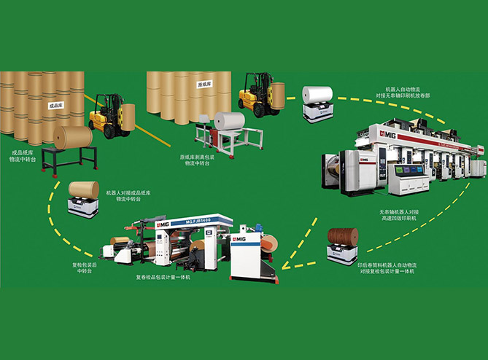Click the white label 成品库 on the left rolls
pyautogui.click(x=55, y=105)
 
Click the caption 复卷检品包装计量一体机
pyautogui.click(x=164, y=277)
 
